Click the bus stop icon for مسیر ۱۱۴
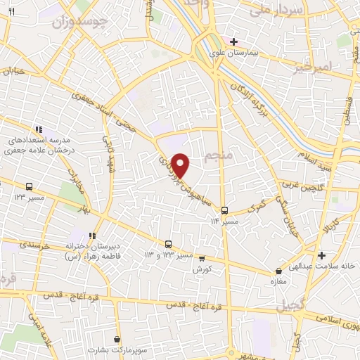[224, 210]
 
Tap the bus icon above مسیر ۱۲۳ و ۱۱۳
[168, 244]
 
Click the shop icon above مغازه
[279, 269]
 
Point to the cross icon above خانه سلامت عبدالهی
[321, 255]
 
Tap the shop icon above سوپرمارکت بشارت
[116, 338]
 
